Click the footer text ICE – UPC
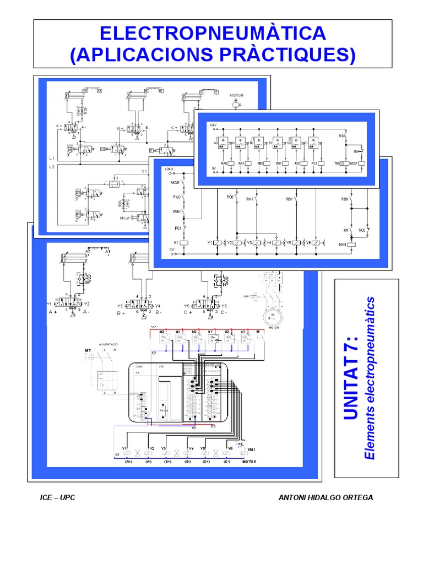point(58,497)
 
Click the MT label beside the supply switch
point(87,351)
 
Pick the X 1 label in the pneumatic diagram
point(144,171)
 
